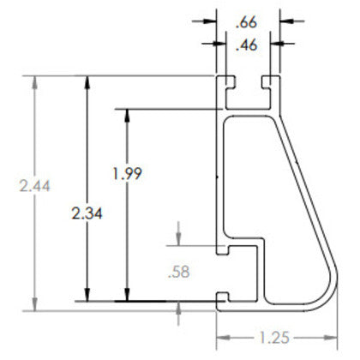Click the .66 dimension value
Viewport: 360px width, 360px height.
pos(246,22)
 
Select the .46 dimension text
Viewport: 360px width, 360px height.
pos(246,45)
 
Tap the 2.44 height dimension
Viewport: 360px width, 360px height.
pos(34,186)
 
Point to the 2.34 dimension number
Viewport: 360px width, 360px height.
pos(87,213)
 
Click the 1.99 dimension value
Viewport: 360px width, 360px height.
pos(127,173)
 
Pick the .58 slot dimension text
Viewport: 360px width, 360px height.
pos(179,272)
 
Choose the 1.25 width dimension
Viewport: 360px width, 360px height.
pos(274,338)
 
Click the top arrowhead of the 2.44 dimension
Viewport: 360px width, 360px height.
pos(34,82)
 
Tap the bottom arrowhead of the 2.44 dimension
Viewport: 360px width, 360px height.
pos(34,304)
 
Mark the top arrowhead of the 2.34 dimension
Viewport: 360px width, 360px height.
pos(87,82)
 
